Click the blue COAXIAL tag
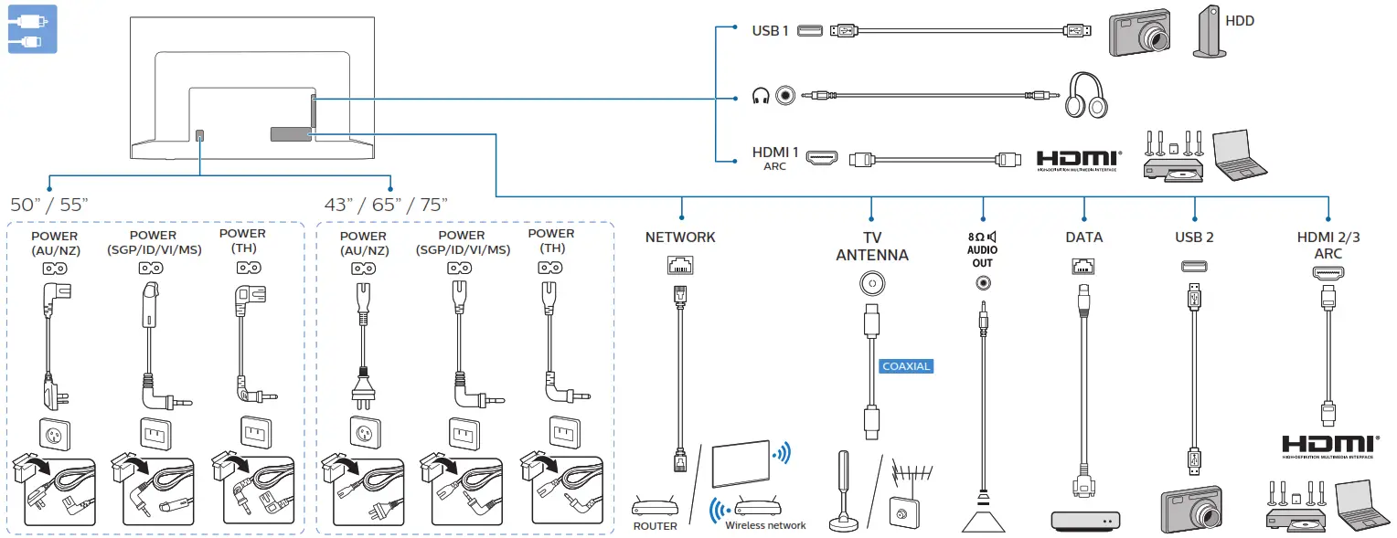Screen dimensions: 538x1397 click(905, 366)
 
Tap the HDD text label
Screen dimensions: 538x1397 click(1240, 20)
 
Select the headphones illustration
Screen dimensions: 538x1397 click(1085, 95)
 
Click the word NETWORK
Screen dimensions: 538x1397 click(680, 237)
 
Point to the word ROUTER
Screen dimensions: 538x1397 click(655, 526)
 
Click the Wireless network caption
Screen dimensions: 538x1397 click(765, 525)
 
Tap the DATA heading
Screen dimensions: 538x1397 click(1083, 237)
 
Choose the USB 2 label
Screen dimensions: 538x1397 click(1194, 237)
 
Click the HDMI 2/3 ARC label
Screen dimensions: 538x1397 click(1328, 245)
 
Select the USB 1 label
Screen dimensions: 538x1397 click(770, 31)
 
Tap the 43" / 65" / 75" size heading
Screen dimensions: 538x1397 click(386, 203)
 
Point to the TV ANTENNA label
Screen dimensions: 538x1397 click(872, 246)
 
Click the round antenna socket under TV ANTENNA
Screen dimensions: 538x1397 click(872, 284)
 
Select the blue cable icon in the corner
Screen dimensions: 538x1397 click(32, 28)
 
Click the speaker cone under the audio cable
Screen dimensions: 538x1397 click(983, 516)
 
